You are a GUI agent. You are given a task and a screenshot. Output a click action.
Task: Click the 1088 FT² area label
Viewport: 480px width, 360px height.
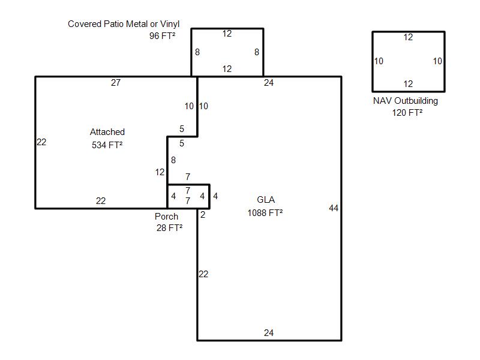point(265,213)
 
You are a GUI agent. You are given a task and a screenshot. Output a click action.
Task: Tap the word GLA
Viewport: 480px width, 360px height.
point(266,200)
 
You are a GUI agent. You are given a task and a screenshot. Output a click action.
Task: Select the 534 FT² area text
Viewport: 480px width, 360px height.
point(107,145)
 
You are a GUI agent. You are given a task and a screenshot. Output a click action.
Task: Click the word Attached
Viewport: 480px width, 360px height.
point(107,132)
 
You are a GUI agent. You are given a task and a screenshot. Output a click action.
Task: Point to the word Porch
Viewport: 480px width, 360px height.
point(166,217)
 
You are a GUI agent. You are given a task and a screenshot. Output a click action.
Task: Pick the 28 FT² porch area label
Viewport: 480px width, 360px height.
point(170,228)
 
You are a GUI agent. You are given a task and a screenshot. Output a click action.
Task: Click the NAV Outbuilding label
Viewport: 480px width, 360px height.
point(406,101)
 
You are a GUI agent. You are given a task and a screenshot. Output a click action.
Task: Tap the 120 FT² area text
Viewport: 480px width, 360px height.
point(407,113)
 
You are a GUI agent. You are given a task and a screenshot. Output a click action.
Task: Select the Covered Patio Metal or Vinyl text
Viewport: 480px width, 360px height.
point(124,24)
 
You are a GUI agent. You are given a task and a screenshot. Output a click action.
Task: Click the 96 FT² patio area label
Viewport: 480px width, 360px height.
point(162,36)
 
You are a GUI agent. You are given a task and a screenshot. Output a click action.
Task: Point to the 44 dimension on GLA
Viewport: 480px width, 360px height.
point(334,208)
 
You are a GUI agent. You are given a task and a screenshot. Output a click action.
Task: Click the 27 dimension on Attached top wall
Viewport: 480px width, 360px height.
point(116,83)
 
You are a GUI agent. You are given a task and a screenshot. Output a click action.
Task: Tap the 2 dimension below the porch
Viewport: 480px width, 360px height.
point(203,215)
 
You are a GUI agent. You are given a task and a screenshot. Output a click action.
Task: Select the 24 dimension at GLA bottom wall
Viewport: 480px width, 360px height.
point(269,333)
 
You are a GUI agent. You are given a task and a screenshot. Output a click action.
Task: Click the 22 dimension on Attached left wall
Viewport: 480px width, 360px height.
point(41,142)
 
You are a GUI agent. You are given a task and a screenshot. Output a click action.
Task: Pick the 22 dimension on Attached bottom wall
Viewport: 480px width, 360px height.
point(101,201)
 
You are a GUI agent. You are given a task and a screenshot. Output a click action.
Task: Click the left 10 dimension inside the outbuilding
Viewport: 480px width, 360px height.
point(379,61)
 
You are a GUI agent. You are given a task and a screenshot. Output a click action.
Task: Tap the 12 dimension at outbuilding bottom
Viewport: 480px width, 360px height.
point(408,84)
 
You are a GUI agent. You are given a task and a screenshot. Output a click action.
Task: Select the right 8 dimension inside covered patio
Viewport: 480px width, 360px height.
point(257,52)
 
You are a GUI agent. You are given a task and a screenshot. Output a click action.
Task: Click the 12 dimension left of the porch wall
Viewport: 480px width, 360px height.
point(160,172)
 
